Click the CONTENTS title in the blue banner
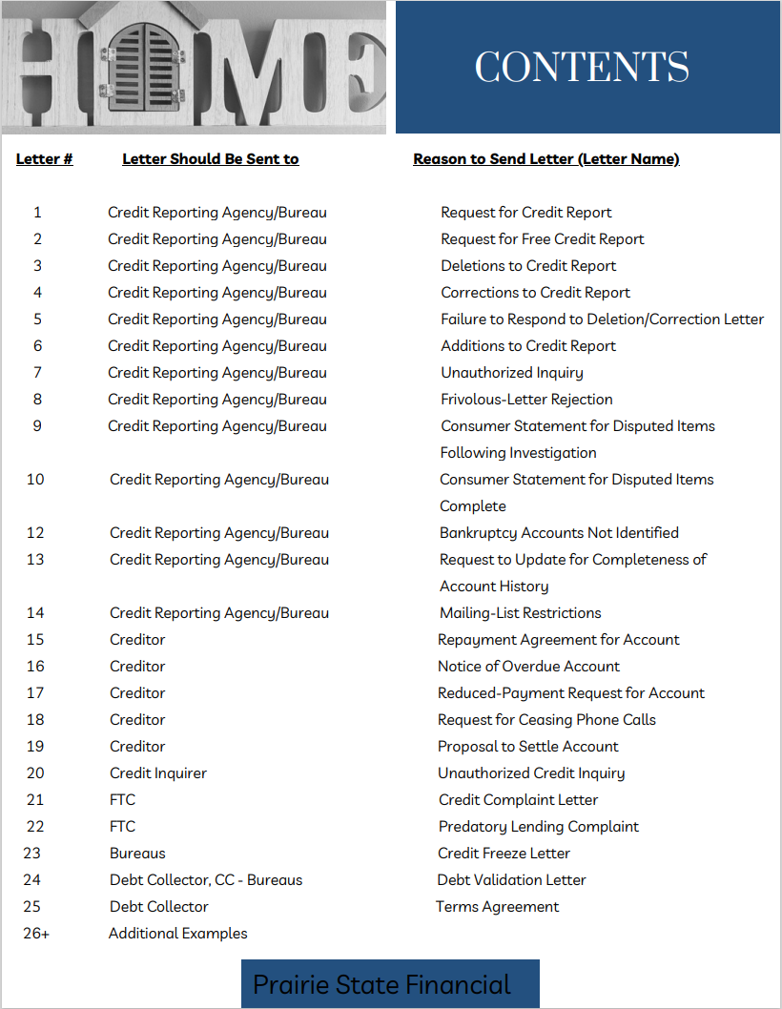[x=582, y=67]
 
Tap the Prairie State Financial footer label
[x=381, y=984]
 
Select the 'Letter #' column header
[x=45, y=159]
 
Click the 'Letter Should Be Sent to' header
[x=211, y=159]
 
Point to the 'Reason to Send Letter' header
[x=545, y=159]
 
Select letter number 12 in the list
[x=35, y=533]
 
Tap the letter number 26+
[x=36, y=934]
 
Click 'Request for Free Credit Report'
[x=542, y=239]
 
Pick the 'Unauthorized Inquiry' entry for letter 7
[x=511, y=373]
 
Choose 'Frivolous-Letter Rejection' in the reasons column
[x=526, y=400]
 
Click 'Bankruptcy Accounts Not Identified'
[x=559, y=533]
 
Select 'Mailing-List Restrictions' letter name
[x=520, y=613]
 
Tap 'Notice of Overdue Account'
[x=528, y=667]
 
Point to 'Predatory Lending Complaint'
[x=538, y=827]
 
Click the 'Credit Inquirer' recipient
[x=158, y=773]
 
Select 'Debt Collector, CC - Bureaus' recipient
[x=206, y=880]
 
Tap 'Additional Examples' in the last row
[x=178, y=934]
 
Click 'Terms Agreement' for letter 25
[x=498, y=907]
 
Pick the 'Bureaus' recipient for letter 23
[x=137, y=854]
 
